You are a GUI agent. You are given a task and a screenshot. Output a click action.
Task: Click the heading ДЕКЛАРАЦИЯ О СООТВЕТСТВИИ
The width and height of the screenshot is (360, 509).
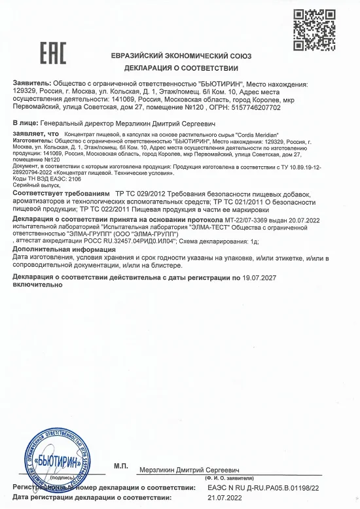tap(181, 67)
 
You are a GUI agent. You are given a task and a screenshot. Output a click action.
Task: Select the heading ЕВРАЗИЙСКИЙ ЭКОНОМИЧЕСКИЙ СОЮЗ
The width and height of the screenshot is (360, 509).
tap(181, 56)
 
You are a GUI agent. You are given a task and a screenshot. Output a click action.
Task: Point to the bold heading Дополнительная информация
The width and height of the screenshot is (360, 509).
tap(62, 249)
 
